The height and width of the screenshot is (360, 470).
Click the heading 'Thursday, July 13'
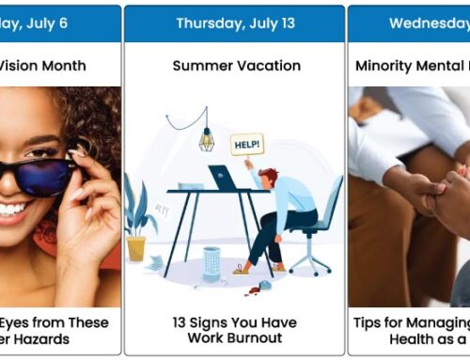coord(234,23)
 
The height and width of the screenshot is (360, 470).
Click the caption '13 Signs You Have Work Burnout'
coord(234,329)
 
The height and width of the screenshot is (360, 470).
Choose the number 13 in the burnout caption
coord(180,321)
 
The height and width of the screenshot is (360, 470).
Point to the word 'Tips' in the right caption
coord(367,321)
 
